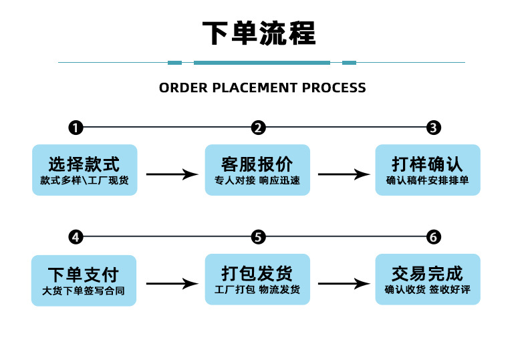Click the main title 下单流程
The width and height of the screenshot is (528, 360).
(x=259, y=33)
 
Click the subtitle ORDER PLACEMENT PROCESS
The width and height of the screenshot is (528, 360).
(x=263, y=87)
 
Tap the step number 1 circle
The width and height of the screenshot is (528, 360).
(x=76, y=128)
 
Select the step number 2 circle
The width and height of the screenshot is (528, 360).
(x=259, y=128)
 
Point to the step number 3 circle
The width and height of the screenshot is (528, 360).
(x=434, y=128)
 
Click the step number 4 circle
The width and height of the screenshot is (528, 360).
(x=76, y=237)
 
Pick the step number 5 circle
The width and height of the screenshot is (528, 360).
(x=259, y=237)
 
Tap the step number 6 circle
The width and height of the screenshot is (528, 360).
(x=434, y=237)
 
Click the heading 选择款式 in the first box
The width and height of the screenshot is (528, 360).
(x=84, y=164)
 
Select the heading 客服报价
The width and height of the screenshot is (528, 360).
(x=257, y=164)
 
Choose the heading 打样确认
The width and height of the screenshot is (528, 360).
(x=428, y=164)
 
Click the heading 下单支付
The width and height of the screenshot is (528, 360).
(x=84, y=274)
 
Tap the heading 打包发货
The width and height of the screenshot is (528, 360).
(x=257, y=273)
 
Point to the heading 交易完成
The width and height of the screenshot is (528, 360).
(x=428, y=273)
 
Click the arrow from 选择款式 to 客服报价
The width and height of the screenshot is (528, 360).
(x=172, y=174)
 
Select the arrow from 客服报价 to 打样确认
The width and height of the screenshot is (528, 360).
(x=344, y=174)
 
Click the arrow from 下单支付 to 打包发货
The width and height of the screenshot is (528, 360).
(x=172, y=284)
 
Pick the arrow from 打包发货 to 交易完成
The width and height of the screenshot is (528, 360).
(x=344, y=284)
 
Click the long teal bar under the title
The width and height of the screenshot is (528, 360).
(x=262, y=63)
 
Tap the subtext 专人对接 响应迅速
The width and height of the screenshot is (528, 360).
(x=257, y=180)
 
